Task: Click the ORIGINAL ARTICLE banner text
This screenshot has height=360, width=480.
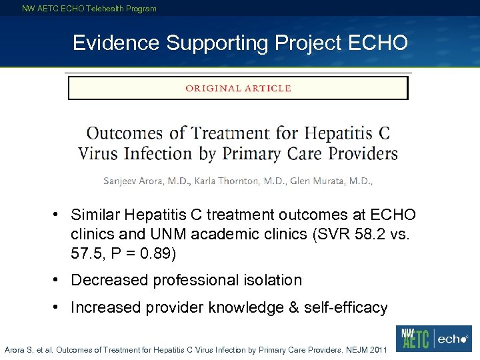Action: tap(238, 88)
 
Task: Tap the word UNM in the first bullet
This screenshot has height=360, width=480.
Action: tap(175, 235)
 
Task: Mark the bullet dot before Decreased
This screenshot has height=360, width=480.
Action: tap(59, 280)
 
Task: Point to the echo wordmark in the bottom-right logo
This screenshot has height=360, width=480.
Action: tap(453, 339)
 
